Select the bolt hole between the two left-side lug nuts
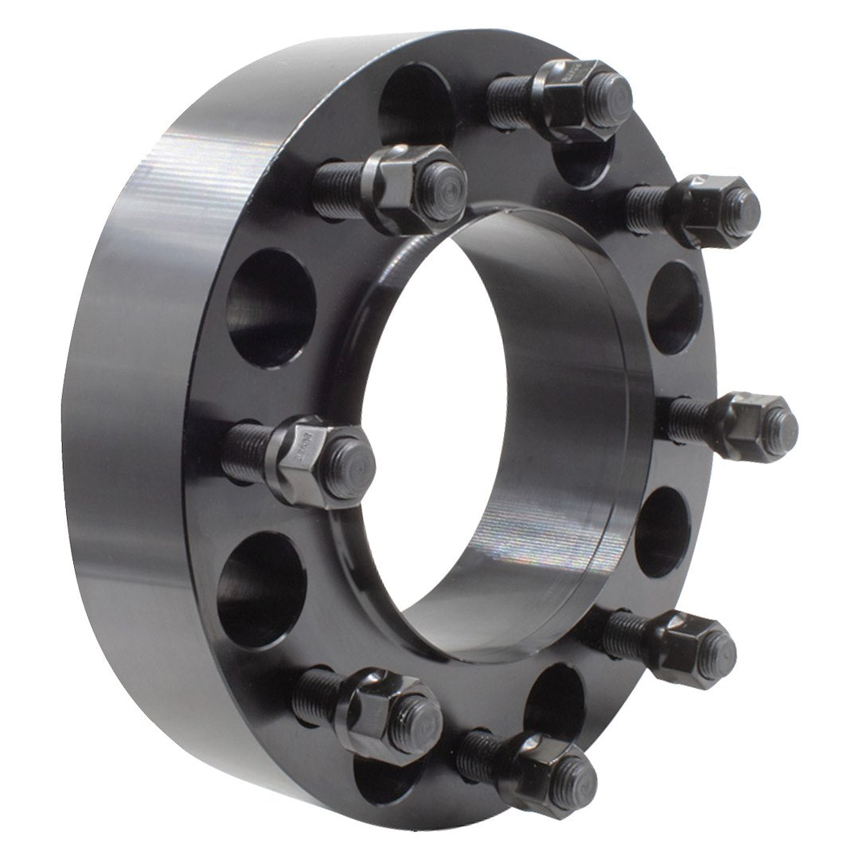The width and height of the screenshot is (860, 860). [271, 307]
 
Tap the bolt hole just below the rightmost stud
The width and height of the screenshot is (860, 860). [661, 530]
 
